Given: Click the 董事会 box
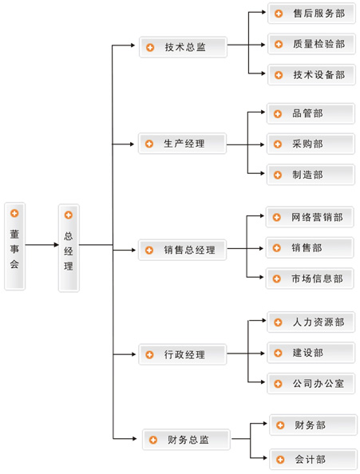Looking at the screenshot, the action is [x=14, y=246].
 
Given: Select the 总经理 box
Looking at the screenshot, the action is [x=69, y=248].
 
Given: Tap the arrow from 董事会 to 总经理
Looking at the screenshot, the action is [x=42, y=244].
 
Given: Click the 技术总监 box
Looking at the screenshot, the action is [x=183, y=47].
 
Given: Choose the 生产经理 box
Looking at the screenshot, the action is [x=182, y=144].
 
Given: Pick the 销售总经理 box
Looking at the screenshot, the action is [x=182, y=250].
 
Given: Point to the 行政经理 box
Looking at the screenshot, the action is [x=183, y=354].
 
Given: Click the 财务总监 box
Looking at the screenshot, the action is [x=186, y=440].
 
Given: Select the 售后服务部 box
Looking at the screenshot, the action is [x=311, y=14].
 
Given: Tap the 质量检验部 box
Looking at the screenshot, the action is [x=311, y=44].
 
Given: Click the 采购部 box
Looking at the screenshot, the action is [x=311, y=144].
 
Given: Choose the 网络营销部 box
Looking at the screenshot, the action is [x=310, y=217].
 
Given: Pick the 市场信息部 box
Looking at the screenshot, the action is [x=310, y=278].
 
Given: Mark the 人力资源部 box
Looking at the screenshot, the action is [x=311, y=322].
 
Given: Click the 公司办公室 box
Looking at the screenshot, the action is [x=311, y=384].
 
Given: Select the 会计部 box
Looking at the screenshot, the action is [x=314, y=460].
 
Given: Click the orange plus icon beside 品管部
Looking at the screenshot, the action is [x=278, y=114].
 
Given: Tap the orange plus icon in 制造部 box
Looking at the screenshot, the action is [x=278, y=175].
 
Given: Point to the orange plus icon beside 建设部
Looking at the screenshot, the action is [x=278, y=353].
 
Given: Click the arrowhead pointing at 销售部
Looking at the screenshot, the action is [x=262, y=248].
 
